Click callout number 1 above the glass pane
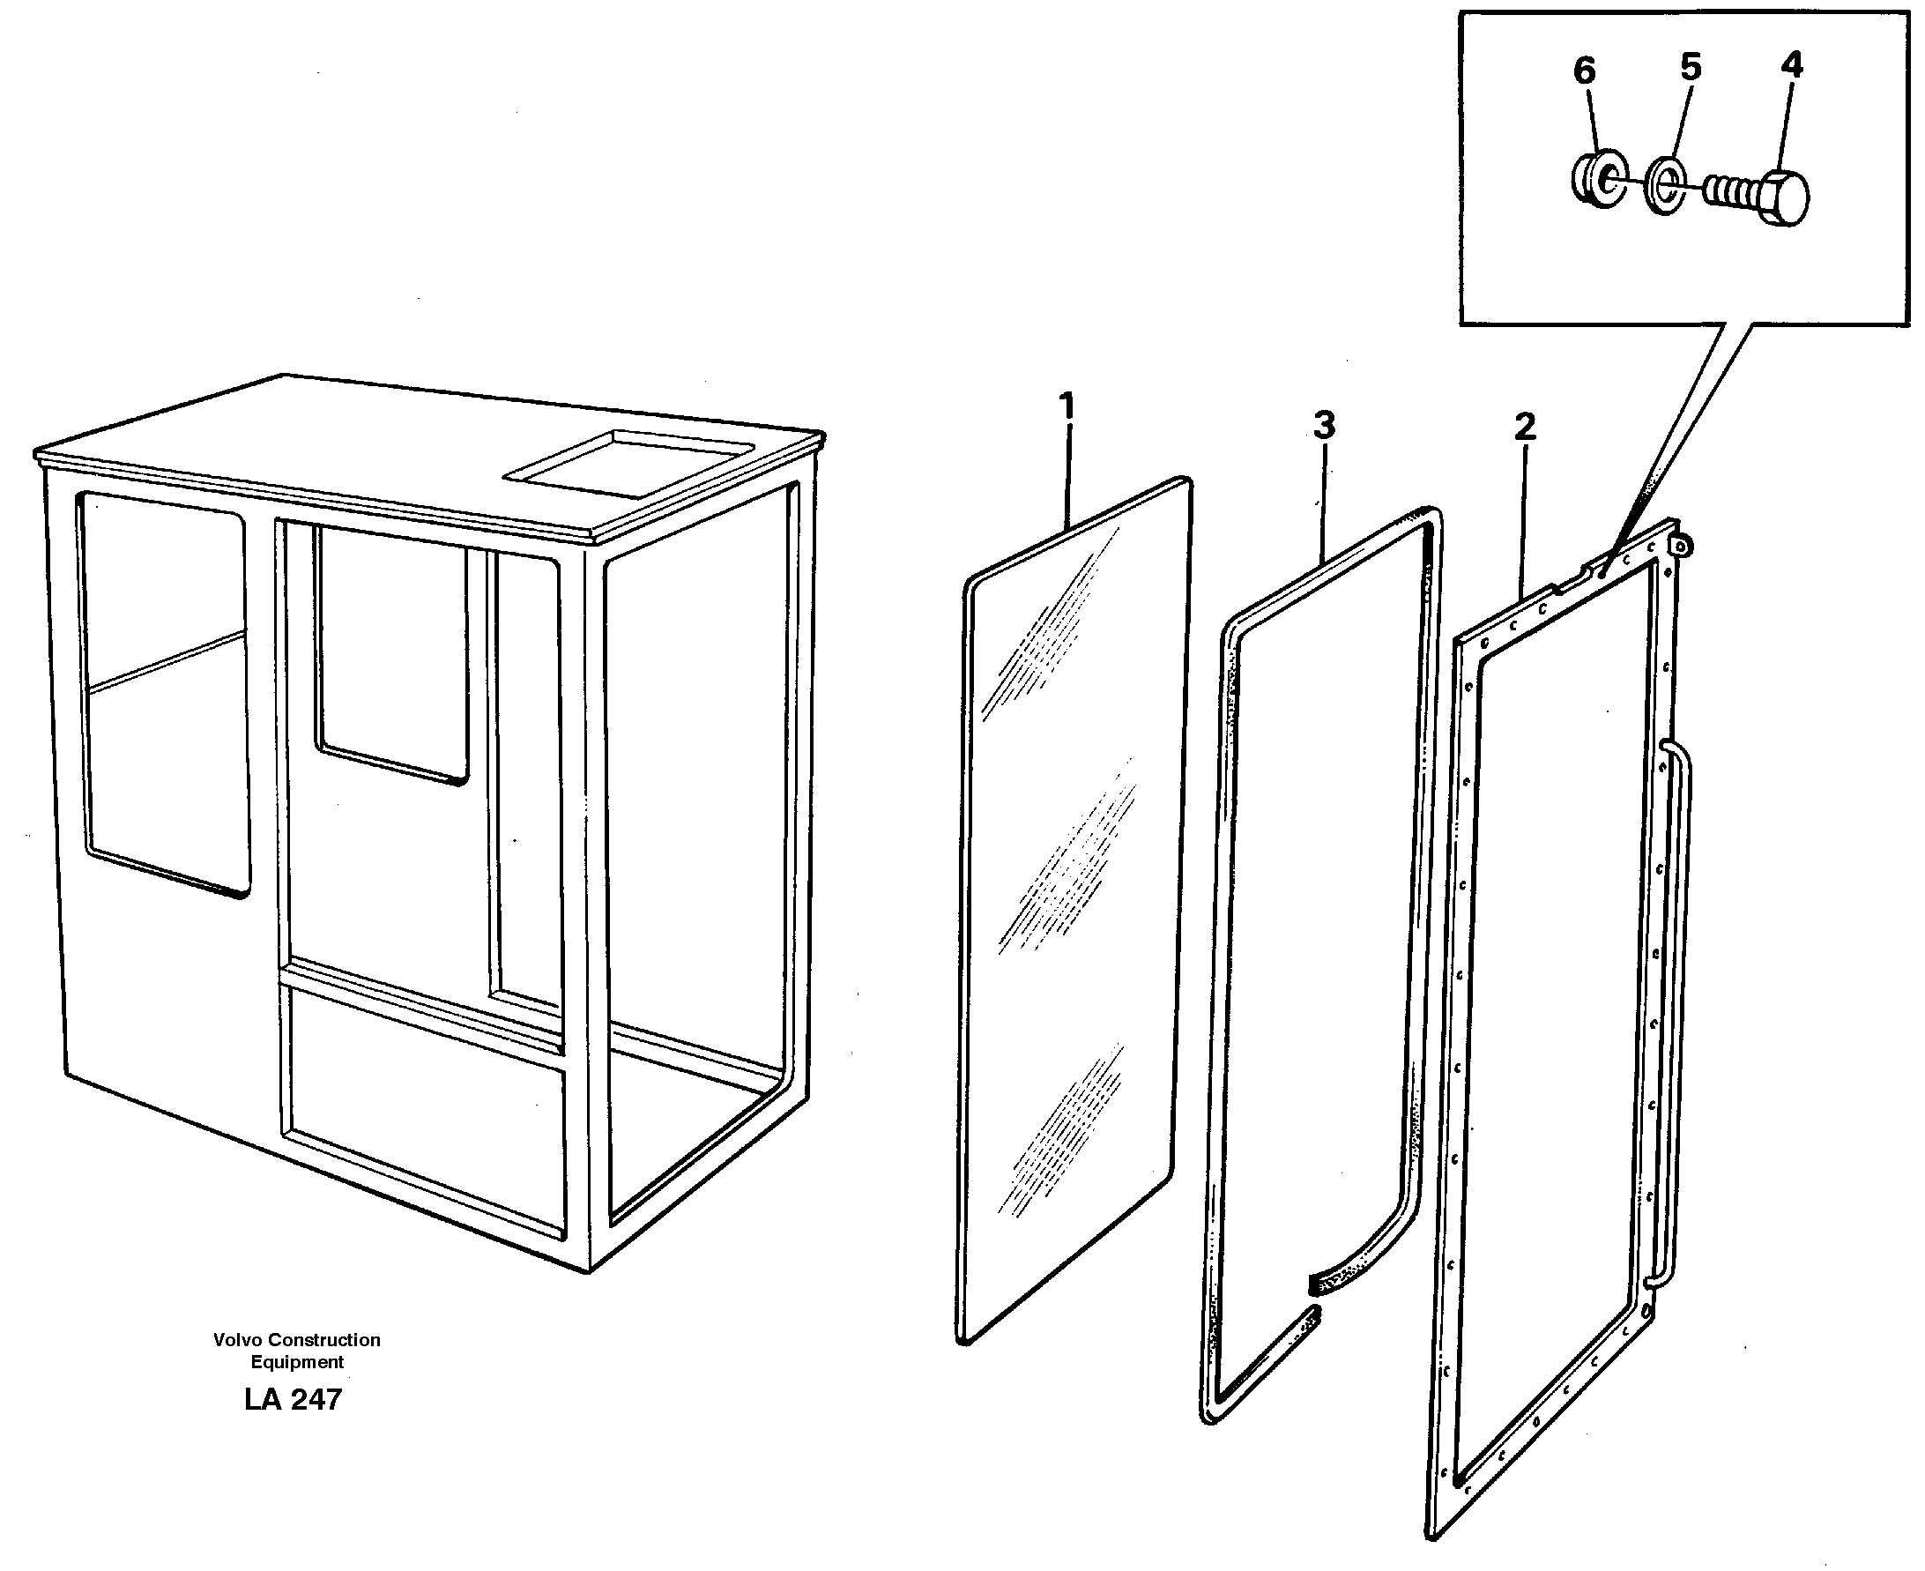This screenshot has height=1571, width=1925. (1067, 406)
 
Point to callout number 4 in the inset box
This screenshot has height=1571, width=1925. (1791, 64)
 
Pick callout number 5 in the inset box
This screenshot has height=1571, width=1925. (1691, 66)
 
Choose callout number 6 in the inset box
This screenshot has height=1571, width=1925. (1584, 70)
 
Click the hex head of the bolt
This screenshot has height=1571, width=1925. (1785, 197)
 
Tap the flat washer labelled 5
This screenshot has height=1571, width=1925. (1665, 186)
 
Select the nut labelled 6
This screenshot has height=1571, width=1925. (1599, 180)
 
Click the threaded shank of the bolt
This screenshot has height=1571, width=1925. (1730, 192)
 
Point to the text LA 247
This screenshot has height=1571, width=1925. (294, 1400)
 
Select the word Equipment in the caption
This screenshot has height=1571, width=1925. (297, 1362)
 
